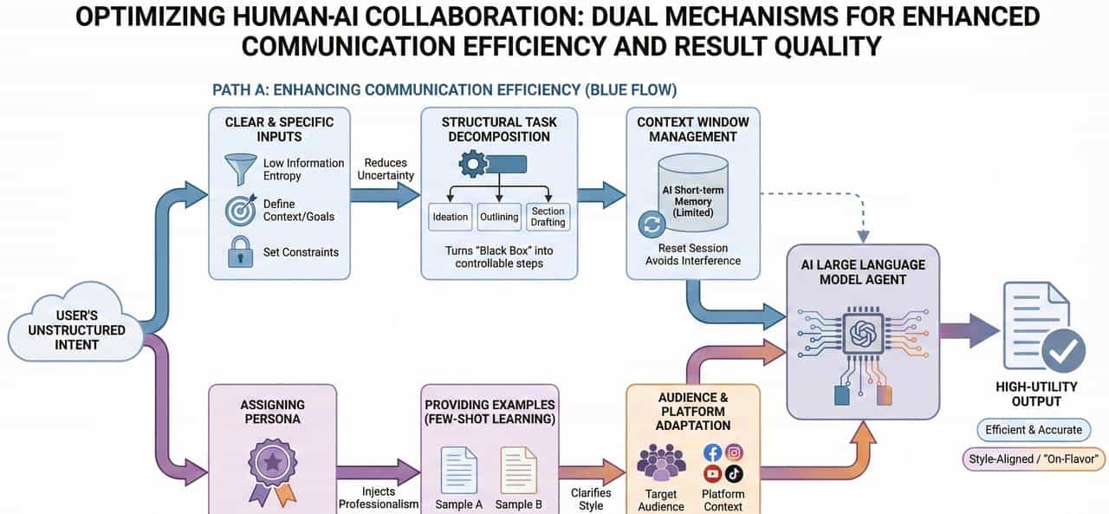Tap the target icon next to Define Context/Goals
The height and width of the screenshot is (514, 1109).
click(241, 211)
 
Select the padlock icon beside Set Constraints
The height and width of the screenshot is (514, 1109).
click(241, 252)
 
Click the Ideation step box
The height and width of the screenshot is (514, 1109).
click(451, 217)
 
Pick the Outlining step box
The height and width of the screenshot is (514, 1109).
click(499, 217)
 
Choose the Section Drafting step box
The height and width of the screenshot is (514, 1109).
click(548, 217)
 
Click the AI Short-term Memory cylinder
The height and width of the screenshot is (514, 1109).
click(692, 195)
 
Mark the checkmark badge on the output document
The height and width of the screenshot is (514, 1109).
click(1063, 350)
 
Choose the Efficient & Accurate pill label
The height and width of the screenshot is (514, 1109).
click(1035, 429)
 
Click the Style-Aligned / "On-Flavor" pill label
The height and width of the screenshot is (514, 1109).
click(1034, 459)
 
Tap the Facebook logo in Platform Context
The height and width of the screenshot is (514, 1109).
click(712, 452)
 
